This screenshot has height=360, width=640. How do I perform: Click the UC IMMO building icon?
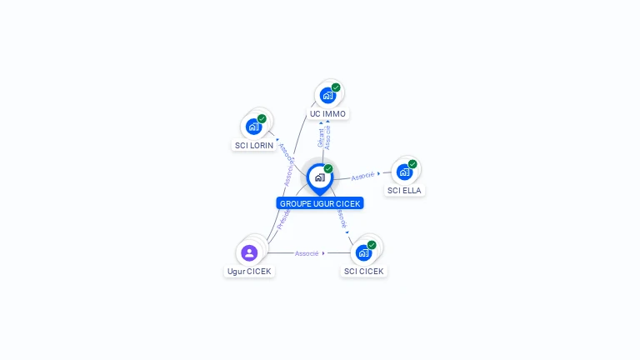click(x=327, y=95)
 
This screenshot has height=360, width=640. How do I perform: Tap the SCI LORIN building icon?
click(x=253, y=127)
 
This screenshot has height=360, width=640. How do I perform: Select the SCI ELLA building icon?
click(x=404, y=172)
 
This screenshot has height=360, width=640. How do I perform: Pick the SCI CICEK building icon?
click(x=363, y=252)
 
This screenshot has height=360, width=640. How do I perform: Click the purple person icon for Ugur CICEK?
click(x=249, y=252)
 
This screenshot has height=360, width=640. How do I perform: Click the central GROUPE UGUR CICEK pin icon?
click(x=319, y=177)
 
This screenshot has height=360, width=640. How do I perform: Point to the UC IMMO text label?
click(x=328, y=113)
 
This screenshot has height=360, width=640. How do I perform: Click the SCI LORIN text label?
click(x=254, y=145)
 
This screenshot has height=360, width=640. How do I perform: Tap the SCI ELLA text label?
click(x=404, y=190)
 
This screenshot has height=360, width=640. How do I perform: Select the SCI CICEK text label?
click(x=364, y=271)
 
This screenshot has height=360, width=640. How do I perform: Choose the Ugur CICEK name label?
click(x=249, y=271)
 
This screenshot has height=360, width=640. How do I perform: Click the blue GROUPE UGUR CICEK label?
click(x=321, y=203)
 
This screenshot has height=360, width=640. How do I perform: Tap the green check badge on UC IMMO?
click(x=336, y=87)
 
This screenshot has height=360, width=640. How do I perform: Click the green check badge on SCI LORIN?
click(x=262, y=119)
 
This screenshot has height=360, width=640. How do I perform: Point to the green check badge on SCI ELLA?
click(x=412, y=164)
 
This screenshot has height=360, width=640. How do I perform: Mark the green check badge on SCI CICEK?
click(x=372, y=245)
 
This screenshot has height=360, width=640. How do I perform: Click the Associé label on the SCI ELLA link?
click(x=362, y=177)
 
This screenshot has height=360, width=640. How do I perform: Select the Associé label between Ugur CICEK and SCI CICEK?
click(x=307, y=253)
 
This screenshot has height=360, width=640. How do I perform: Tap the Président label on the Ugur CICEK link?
click(x=283, y=218)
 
